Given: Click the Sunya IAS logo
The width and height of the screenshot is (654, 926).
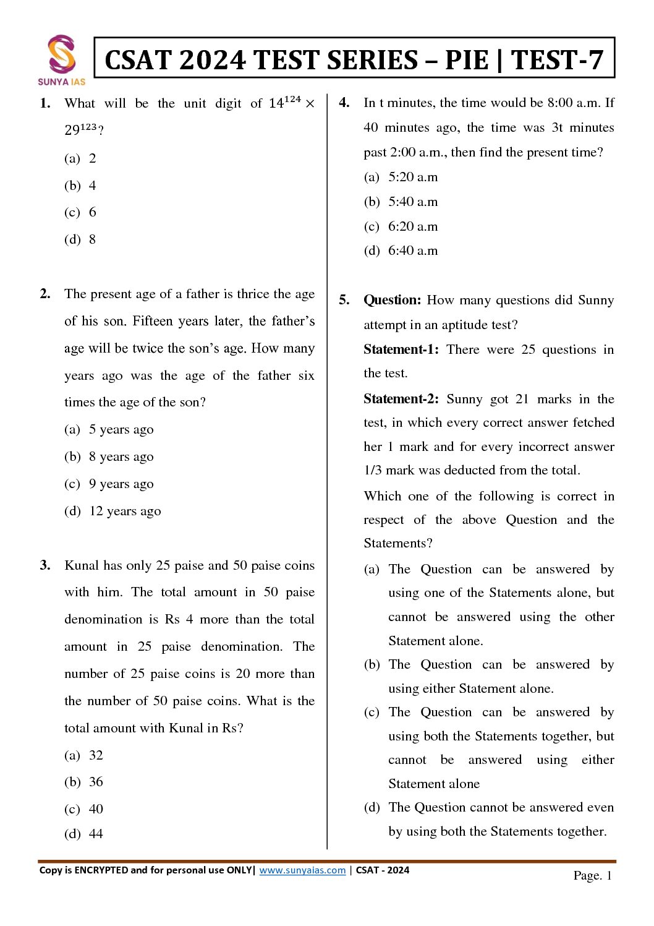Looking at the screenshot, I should coord(61,59).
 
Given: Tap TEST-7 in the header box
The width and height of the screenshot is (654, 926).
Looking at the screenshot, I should coord(557,60).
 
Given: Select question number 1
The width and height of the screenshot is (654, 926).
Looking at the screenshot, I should coord(45,103).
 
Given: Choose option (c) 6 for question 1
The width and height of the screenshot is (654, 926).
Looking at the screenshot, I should coord(80,212).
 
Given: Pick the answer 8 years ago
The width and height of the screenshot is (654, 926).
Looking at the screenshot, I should coord(109,457).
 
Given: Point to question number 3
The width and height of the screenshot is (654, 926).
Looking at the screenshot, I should coord(45,565).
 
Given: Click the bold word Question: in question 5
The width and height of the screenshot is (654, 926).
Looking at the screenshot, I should coord(392,300).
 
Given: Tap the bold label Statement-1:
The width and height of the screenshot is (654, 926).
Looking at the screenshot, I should coord(401,349).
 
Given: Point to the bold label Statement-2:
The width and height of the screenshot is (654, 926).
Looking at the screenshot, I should coord(401,399).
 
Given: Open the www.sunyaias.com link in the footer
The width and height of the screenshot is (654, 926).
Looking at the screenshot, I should coord(302,870).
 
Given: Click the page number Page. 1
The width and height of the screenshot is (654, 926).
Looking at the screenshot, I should coord(592,875).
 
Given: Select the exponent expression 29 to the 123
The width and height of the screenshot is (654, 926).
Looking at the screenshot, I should coord(81,129).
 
